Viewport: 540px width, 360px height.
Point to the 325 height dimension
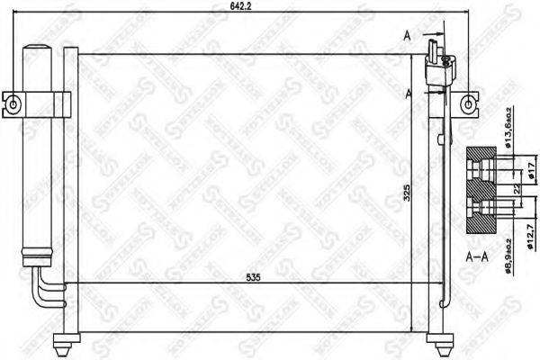click(x=407, y=193)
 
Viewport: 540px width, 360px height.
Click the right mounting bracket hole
click(x=468, y=105)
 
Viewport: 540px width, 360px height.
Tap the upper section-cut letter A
click(x=407, y=36)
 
